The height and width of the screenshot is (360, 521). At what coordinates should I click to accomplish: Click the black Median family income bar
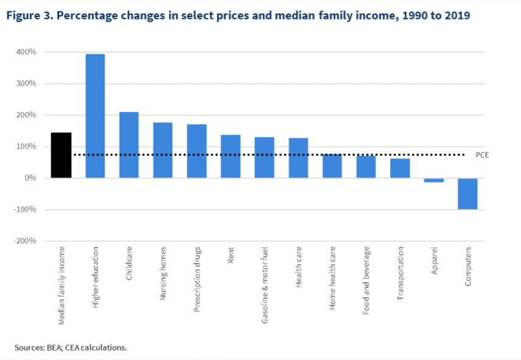point(61,155)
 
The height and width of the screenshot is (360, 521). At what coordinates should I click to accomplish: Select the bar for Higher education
point(95,116)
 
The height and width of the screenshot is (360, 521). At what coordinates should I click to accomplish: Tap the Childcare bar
point(128,145)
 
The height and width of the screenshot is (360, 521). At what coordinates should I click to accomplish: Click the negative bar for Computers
point(467,193)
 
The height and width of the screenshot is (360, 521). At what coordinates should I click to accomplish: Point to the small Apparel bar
point(433,180)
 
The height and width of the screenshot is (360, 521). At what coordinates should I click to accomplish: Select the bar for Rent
point(231,156)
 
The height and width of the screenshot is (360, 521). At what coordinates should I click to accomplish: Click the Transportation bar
point(400,168)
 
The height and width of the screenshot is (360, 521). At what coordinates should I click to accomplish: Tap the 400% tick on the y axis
point(26,52)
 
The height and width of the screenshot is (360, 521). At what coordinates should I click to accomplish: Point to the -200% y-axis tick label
point(25,241)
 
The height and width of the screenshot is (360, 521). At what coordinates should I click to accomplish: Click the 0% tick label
point(30,178)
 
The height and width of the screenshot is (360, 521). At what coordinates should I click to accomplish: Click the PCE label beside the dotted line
point(482,155)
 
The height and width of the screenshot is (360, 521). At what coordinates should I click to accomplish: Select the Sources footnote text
point(71,347)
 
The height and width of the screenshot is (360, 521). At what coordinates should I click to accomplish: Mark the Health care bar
point(298,158)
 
